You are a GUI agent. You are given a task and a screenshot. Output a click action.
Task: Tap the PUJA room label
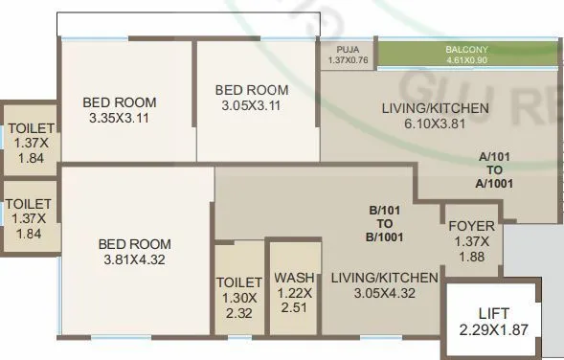pyautogui.click(x=347, y=50)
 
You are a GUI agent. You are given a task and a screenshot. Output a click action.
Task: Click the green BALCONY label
pyautogui.click(x=466, y=49)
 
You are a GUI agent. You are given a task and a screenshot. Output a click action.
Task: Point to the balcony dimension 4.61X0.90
pyautogui.click(x=466, y=59)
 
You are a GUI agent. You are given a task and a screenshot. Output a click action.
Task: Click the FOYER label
pyautogui.click(x=471, y=227)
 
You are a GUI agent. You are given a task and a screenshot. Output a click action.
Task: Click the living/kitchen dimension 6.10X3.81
pyautogui.click(x=436, y=124)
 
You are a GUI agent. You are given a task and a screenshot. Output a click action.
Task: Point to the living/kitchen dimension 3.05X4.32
pyautogui.click(x=384, y=294)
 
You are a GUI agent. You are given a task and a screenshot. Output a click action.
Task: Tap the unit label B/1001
pyautogui.click(x=388, y=238)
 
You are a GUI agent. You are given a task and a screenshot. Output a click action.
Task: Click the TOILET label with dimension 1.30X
pyautogui.click(x=239, y=282)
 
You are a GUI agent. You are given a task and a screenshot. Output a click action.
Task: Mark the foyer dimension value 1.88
pyautogui.click(x=471, y=256)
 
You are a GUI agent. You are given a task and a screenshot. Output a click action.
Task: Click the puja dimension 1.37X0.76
pyautogui.click(x=348, y=60)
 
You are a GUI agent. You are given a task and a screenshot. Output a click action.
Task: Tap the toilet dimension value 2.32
pyautogui.click(x=239, y=311)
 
